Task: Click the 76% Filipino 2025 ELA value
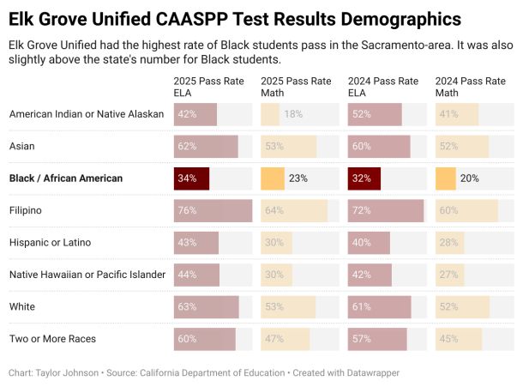tap(188, 210)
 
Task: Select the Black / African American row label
tap(66, 178)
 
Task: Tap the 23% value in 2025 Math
tap(298, 178)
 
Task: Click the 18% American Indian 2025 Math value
tap(293, 114)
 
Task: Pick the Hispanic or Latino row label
tap(50, 243)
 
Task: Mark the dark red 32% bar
tap(364, 178)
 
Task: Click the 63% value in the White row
tap(188, 306)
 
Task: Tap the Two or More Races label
tap(52, 339)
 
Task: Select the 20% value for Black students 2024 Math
tap(470, 178)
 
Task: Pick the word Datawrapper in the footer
tap(370, 373)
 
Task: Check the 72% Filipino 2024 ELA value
tap(362, 210)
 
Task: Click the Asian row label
tap(22, 146)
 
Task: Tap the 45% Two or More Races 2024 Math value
tap(448, 339)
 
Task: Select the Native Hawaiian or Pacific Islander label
tap(87, 275)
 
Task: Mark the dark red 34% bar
tap(191, 178)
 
